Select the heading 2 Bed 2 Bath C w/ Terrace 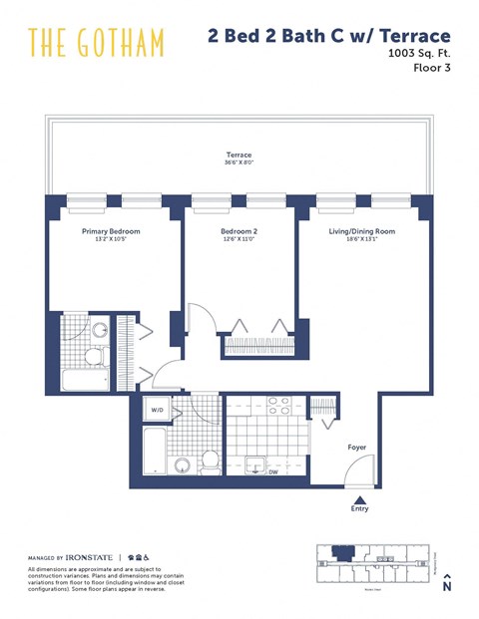tap(329, 37)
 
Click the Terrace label tap(239, 155)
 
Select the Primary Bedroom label tap(111, 231)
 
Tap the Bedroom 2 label tap(239, 231)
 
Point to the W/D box tap(158, 410)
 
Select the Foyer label tap(357, 448)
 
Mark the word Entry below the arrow tap(360, 509)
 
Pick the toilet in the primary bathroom tap(92, 355)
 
